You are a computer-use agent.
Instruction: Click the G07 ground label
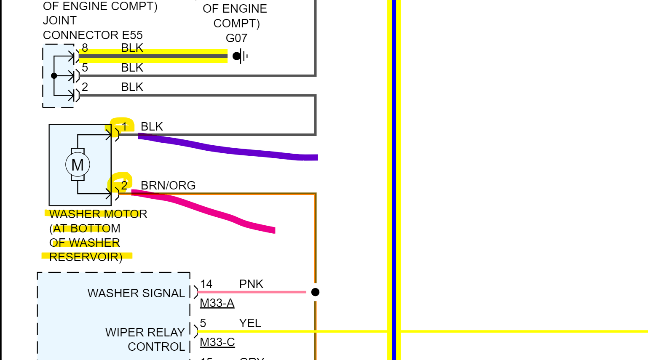click(236, 38)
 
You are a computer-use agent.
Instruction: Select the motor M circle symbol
click(78, 165)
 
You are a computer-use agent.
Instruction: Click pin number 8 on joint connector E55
click(85, 48)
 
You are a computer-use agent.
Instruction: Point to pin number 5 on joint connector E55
click(85, 67)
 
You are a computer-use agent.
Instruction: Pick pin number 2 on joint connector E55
click(85, 87)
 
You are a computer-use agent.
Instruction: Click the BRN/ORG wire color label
click(168, 185)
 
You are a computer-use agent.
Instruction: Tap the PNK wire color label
click(251, 284)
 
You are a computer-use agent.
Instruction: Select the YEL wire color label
click(250, 323)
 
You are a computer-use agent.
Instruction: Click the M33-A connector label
click(217, 303)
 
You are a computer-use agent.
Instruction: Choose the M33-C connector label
click(217, 342)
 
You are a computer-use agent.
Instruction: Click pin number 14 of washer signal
click(206, 284)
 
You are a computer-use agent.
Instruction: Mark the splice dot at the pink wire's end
click(315, 292)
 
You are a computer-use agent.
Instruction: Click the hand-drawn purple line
click(228, 148)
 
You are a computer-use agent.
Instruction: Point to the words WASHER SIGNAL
click(136, 293)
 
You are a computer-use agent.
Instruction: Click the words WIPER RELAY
click(145, 332)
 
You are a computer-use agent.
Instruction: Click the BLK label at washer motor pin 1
click(152, 126)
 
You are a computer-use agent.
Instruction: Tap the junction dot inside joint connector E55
click(54, 76)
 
